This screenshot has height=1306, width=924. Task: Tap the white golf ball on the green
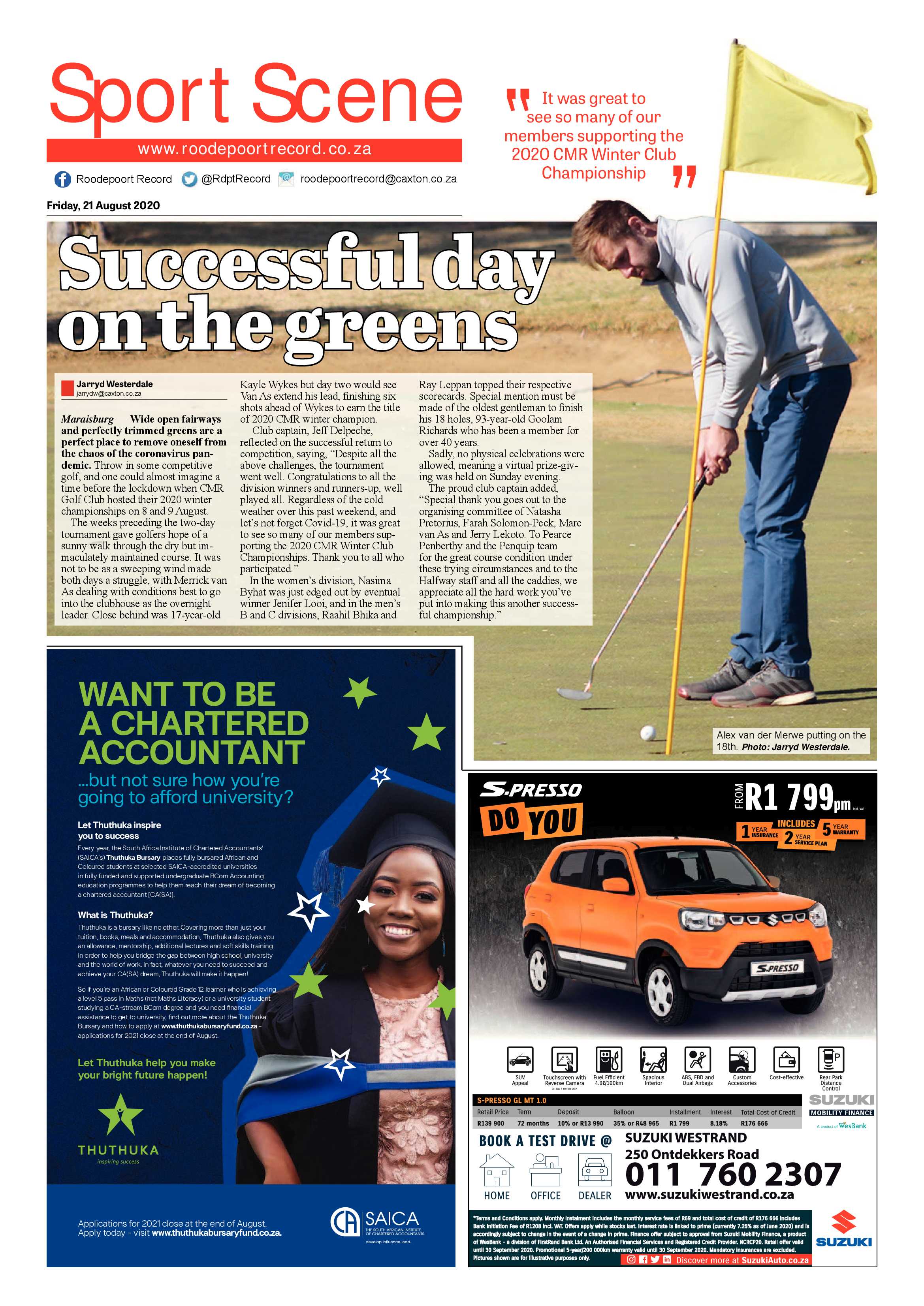pos(647,732)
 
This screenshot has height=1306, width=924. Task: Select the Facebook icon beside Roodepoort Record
pos(62,179)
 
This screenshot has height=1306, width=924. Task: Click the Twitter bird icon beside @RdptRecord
pos(190,179)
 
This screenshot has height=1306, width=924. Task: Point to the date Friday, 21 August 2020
pos(103,205)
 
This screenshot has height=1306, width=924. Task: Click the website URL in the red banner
pos(254,150)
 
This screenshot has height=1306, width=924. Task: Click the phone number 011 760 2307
pos(732,1174)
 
